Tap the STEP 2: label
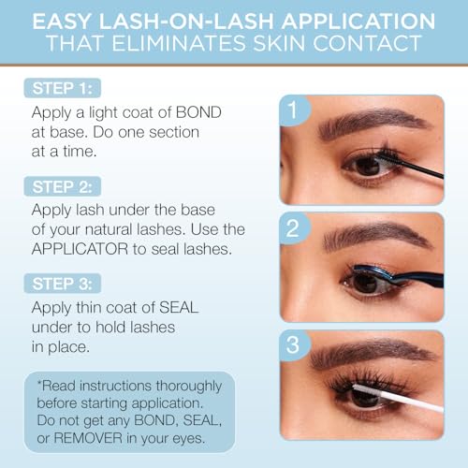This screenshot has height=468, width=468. (x=67, y=186)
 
